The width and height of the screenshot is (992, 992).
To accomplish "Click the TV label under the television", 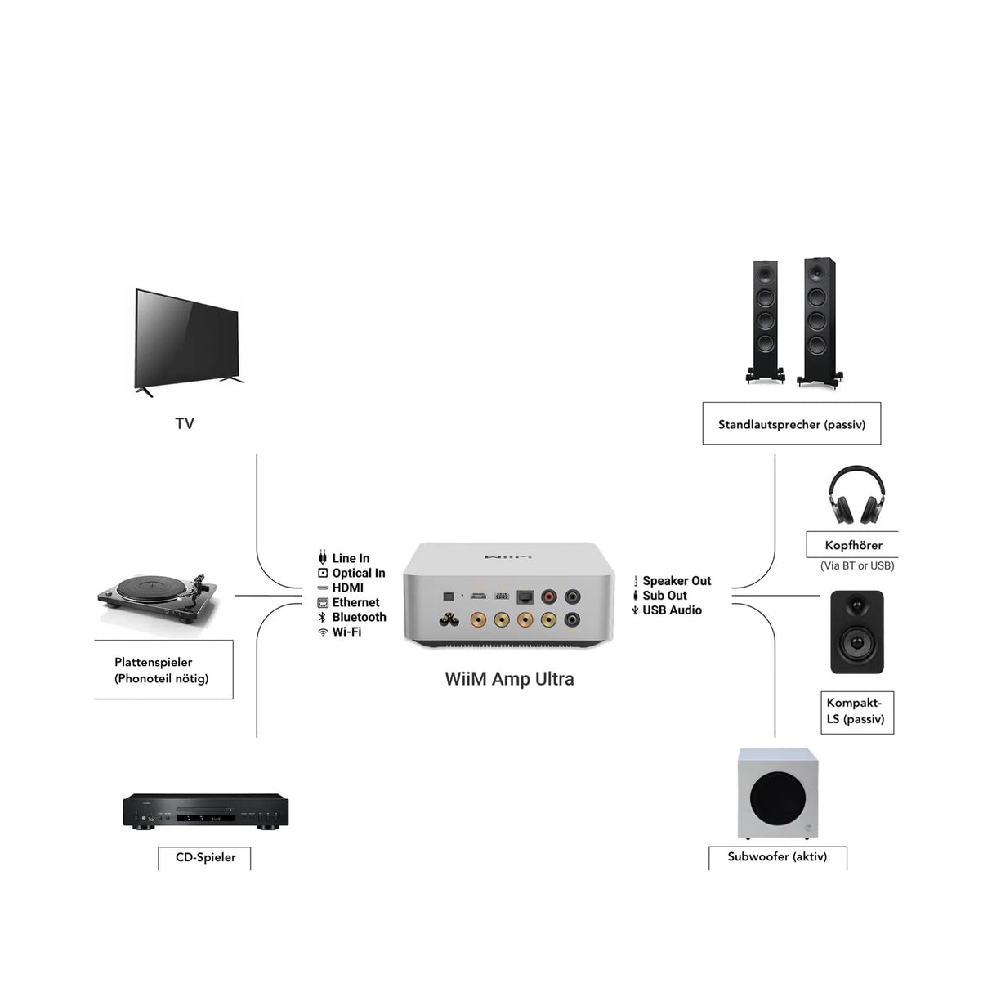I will (x=185, y=423).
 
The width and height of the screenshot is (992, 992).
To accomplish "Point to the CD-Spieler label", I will (x=205, y=857).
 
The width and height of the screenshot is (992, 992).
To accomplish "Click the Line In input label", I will (x=351, y=558).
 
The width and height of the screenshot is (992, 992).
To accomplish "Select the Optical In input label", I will (x=358, y=573).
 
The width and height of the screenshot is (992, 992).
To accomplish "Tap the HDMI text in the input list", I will (x=347, y=588).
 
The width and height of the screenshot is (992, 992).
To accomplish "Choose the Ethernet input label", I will (x=355, y=602).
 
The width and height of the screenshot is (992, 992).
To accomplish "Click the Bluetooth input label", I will (x=359, y=617).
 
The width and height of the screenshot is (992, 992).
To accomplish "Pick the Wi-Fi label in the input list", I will (x=346, y=632).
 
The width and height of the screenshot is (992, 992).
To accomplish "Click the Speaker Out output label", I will (x=677, y=581).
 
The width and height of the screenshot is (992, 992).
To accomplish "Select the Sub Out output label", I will (x=664, y=596).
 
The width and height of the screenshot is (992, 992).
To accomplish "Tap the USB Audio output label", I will (x=672, y=610).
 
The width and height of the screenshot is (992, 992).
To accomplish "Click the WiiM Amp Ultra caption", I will (x=509, y=679).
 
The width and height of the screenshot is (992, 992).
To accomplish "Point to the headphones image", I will (x=856, y=496).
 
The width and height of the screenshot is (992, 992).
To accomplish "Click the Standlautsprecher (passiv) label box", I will (x=791, y=424).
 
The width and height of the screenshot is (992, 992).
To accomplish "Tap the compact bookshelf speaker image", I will (x=856, y=632).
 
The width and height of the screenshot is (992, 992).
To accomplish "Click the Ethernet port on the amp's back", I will (x=525, y=597).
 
